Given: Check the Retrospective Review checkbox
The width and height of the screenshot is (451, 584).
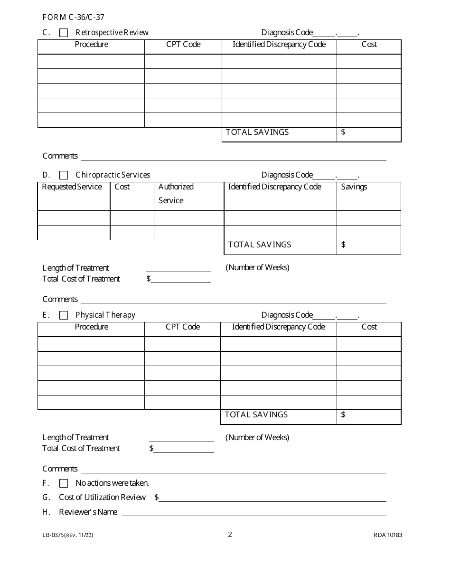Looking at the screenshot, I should click(x=64, y=33).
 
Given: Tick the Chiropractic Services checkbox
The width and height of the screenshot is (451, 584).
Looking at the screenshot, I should click(x=64, y=175).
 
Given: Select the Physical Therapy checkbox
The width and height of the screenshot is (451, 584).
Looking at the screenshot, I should click(x=64, y=315).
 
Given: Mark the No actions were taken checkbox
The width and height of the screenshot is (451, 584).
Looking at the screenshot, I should click(x=64, y=483).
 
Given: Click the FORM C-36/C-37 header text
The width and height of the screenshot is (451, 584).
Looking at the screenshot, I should click(x=73, y=18).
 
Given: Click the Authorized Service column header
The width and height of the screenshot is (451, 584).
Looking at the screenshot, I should click(x=176, y=194).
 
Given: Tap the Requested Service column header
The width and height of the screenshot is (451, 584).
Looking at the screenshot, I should click(x=72, y=187).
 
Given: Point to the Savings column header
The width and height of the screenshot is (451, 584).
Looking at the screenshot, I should click(x=354, y=187).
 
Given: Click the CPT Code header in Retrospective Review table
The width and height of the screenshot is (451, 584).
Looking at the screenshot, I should click(x=183, y=45).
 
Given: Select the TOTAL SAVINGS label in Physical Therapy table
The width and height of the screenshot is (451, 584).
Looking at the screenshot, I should click(x=256, y=415).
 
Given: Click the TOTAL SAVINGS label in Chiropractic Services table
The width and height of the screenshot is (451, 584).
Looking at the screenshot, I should click(x=260, y=245).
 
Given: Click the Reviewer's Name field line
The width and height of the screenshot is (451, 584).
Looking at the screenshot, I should click(x=254, y=512).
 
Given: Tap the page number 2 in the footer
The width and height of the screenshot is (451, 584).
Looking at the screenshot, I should click(x=230, y=535).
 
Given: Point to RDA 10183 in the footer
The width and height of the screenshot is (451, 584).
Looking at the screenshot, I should click(x=387, y=535).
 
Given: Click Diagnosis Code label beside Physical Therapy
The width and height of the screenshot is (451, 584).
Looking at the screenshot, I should click(x=287, y=315).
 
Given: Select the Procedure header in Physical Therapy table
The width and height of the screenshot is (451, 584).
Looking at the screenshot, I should click(x=91, y=327).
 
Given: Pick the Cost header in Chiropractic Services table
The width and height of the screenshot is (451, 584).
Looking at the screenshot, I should click(x=122, y=187).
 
